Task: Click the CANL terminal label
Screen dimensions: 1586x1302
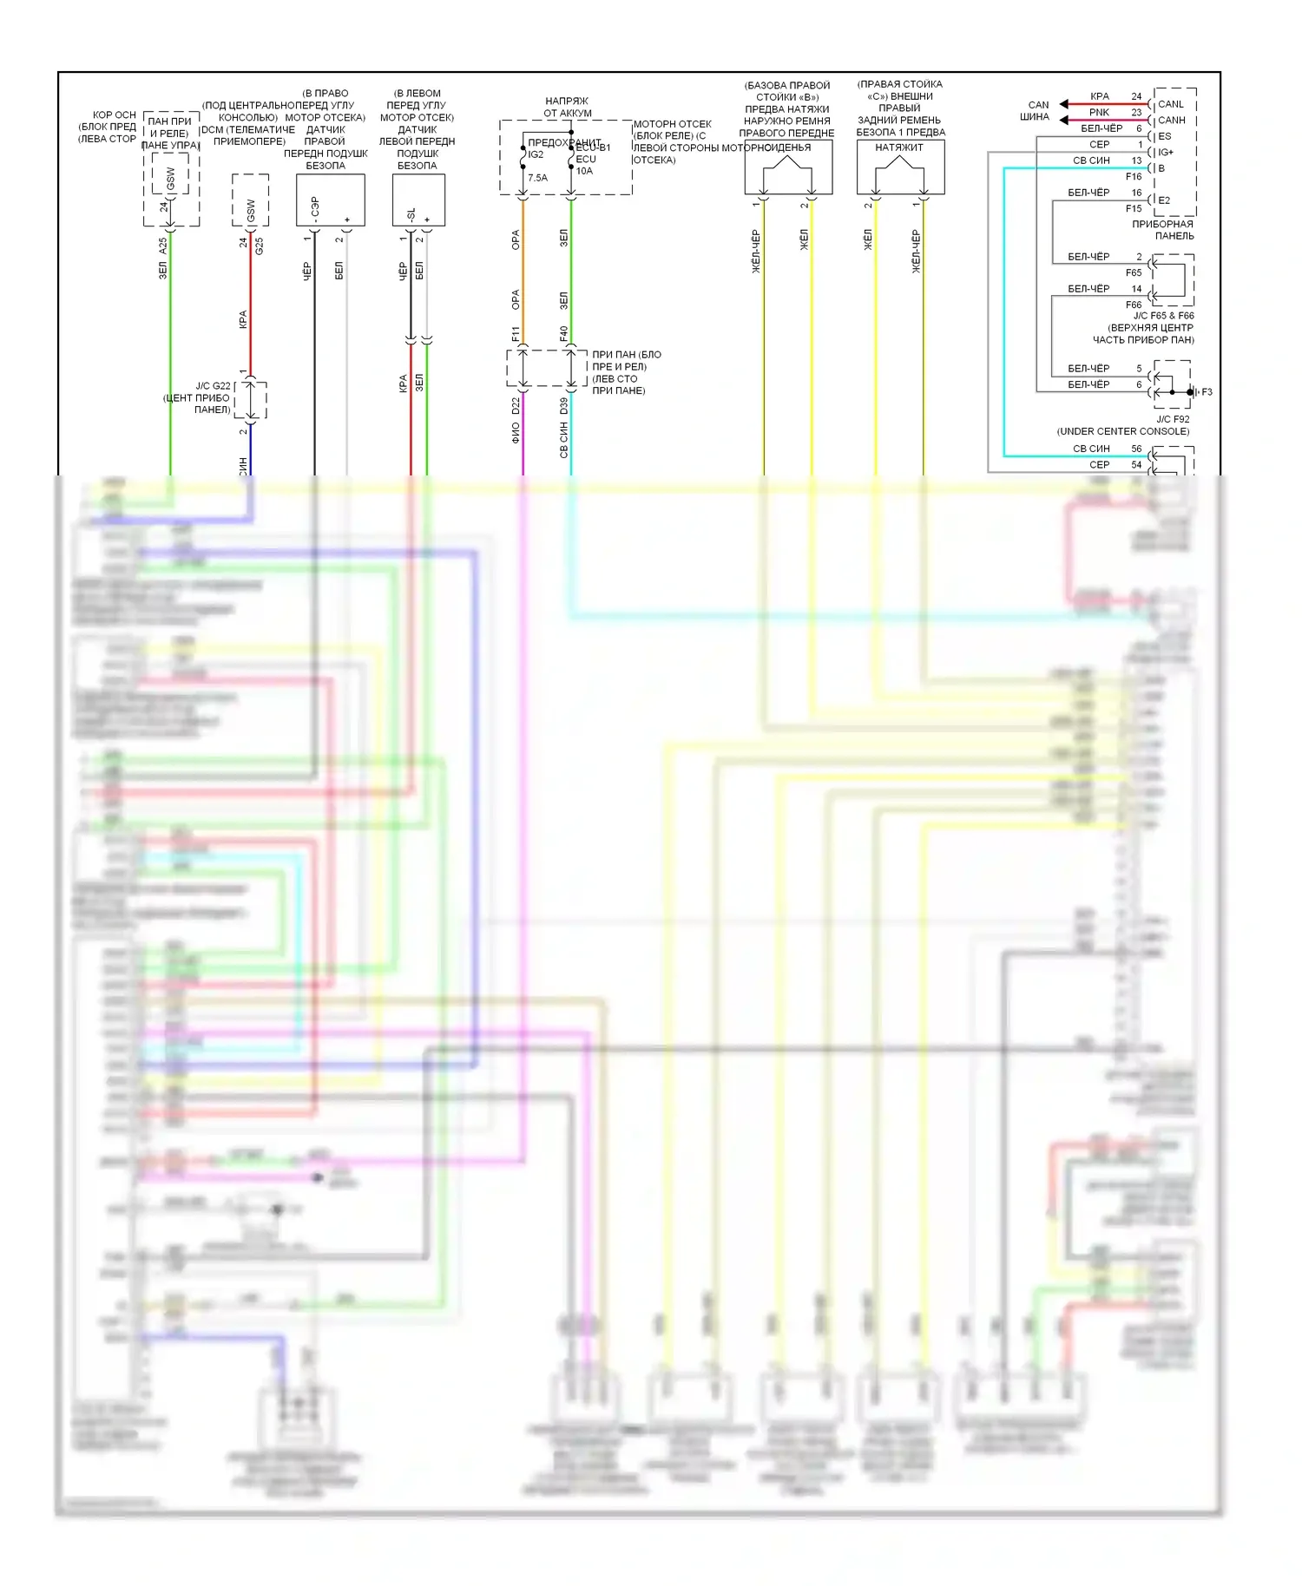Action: pyautogui.click(x=1170, y=104)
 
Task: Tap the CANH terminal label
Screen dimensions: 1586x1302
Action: pyautogui.click(x=1171, y=120)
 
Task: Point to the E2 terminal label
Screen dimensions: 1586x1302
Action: pyautogui.click(x=1164, y=200)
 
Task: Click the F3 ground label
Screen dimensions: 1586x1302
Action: pyautogui.click(x=1207, y=392)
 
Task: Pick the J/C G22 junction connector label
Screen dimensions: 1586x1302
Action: pyautogui.click(x=213, y=386)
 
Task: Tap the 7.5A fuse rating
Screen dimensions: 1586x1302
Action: pyautogui.click(x=537, y=178)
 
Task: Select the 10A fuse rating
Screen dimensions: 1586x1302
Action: pyautogui.click(x=584, y=171)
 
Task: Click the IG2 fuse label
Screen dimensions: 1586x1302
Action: pyautogui.click(x=536, y=154)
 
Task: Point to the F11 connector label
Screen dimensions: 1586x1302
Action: pyautogui.click(x=516, y=333)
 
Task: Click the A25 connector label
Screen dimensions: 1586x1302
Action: pyautogui.click(x=162, y=246)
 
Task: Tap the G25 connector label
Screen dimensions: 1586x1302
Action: pyautogui.click(x=259, y=246)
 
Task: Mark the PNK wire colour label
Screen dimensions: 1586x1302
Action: pyautogui.click(x=1099, y=112)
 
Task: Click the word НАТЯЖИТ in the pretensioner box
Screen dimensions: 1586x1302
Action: pyautogui.click(x=899, y=147)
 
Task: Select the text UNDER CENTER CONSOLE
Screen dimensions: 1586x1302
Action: pyautogui.click(x=1123, y=431)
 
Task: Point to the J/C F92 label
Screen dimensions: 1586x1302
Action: pyautogui.click(x=1173, y=419)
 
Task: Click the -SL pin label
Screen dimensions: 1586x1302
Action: pyautogui.click(x=411, y=214)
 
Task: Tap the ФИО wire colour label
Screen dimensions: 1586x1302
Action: pyautogui.click(x=516, y=432)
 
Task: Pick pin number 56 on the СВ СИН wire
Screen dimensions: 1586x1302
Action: pyautogui.click(x=1136, y=449)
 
